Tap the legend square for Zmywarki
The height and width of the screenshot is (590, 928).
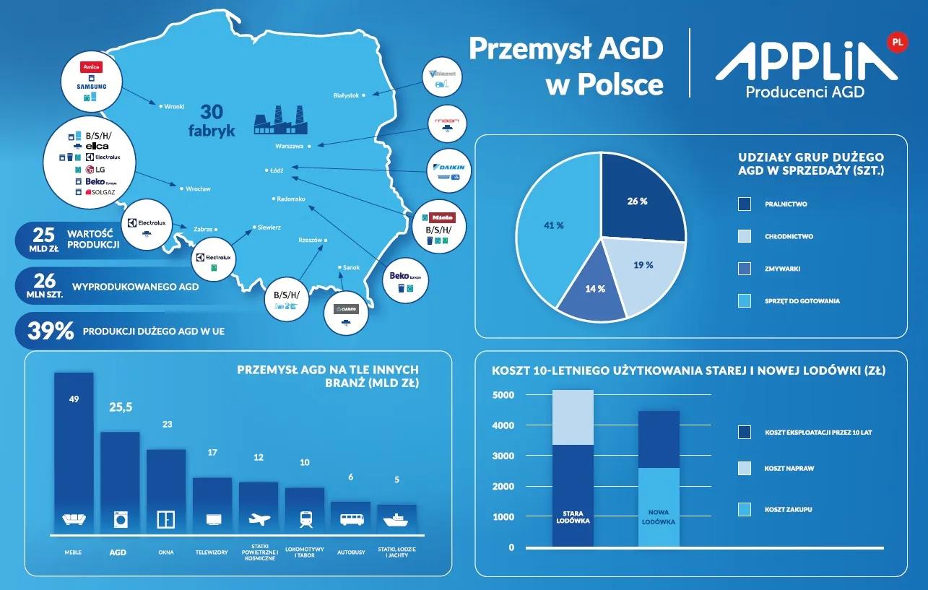(744, 269)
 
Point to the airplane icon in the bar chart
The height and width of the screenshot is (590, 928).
(259, 519)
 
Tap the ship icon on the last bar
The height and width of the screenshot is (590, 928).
(396, 519)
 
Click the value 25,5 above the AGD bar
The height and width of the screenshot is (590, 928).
(121, 407)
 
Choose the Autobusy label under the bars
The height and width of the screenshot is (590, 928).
(351, 552)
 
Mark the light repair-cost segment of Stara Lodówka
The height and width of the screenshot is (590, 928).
(572, 417)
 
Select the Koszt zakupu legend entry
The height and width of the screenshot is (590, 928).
(789, 510)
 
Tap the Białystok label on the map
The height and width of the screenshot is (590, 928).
(346, 95)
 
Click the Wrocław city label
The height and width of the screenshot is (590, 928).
(198, 189)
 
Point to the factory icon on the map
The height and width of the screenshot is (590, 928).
(280, 121)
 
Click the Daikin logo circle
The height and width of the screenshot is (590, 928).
(450, 170)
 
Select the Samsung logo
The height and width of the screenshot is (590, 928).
(92, 87)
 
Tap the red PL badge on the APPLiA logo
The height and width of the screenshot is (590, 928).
(897, 43)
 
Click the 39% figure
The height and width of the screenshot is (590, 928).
(51, 331)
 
